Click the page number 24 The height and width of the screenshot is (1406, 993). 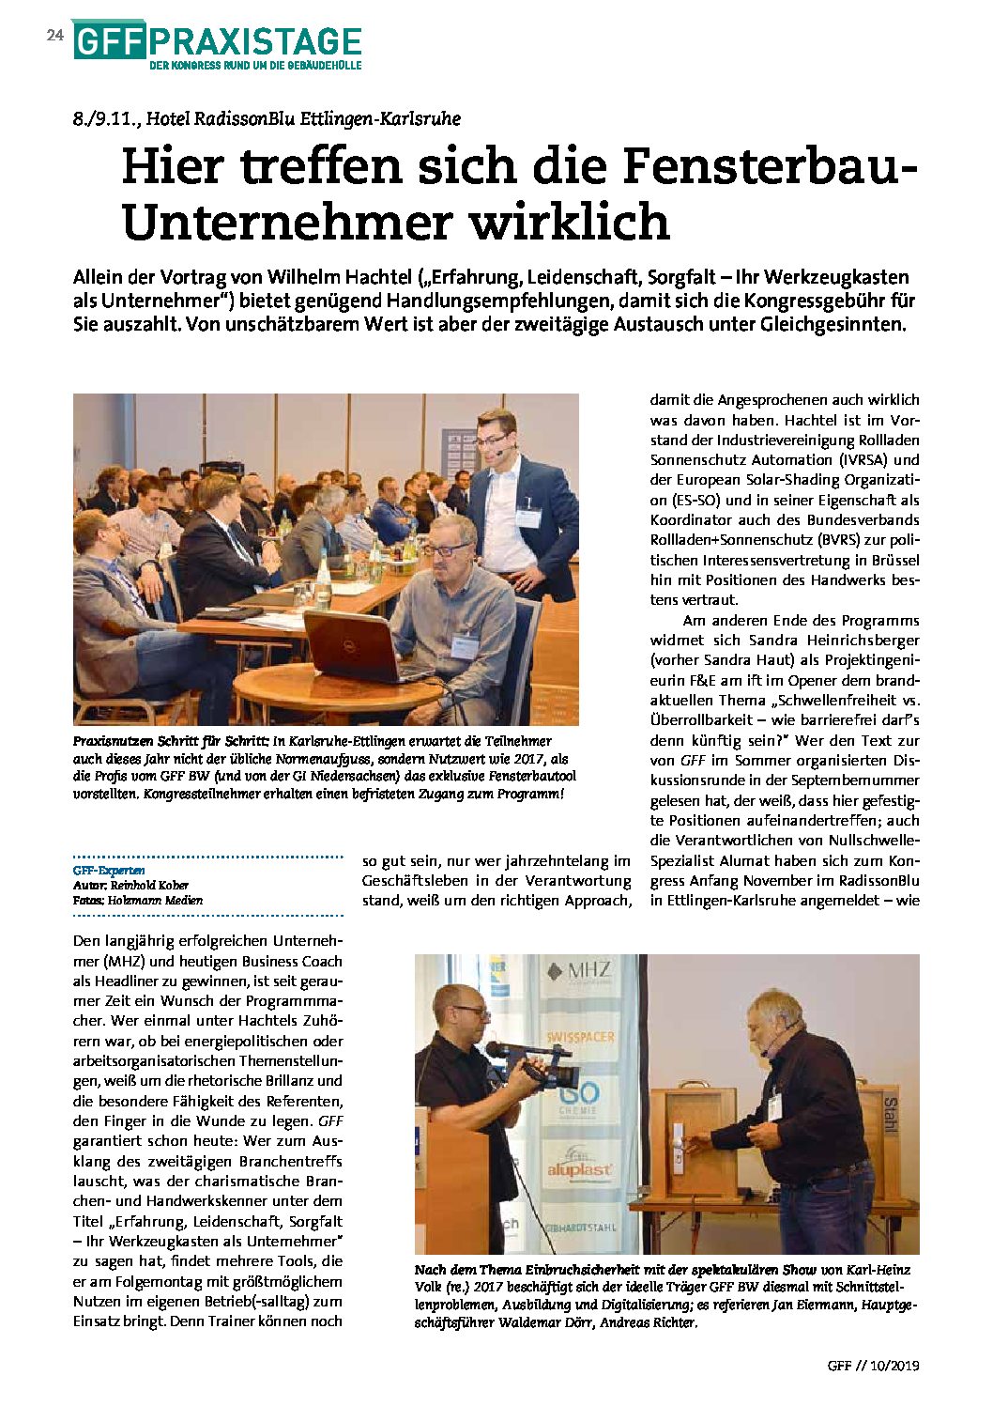coord(54,35)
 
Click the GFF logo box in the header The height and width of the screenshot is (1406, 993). coord(108,41)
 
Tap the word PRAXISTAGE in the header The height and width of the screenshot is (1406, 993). coord(254,41)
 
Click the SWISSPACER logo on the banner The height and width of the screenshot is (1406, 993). coord(581,1037)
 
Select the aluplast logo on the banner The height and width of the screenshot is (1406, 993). coord(579,1167)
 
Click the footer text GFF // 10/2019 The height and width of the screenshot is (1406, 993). coord(873,1365)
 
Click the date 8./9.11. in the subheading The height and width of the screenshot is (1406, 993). coord(104,119)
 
